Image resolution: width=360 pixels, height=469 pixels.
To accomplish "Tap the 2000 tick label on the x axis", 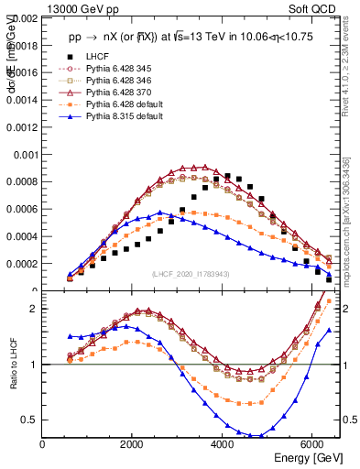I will (x=133, y=445).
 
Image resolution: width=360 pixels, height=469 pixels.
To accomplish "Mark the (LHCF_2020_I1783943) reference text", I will (x=191, y=276).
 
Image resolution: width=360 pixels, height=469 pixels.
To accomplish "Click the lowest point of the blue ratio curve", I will (x=259, y=436).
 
